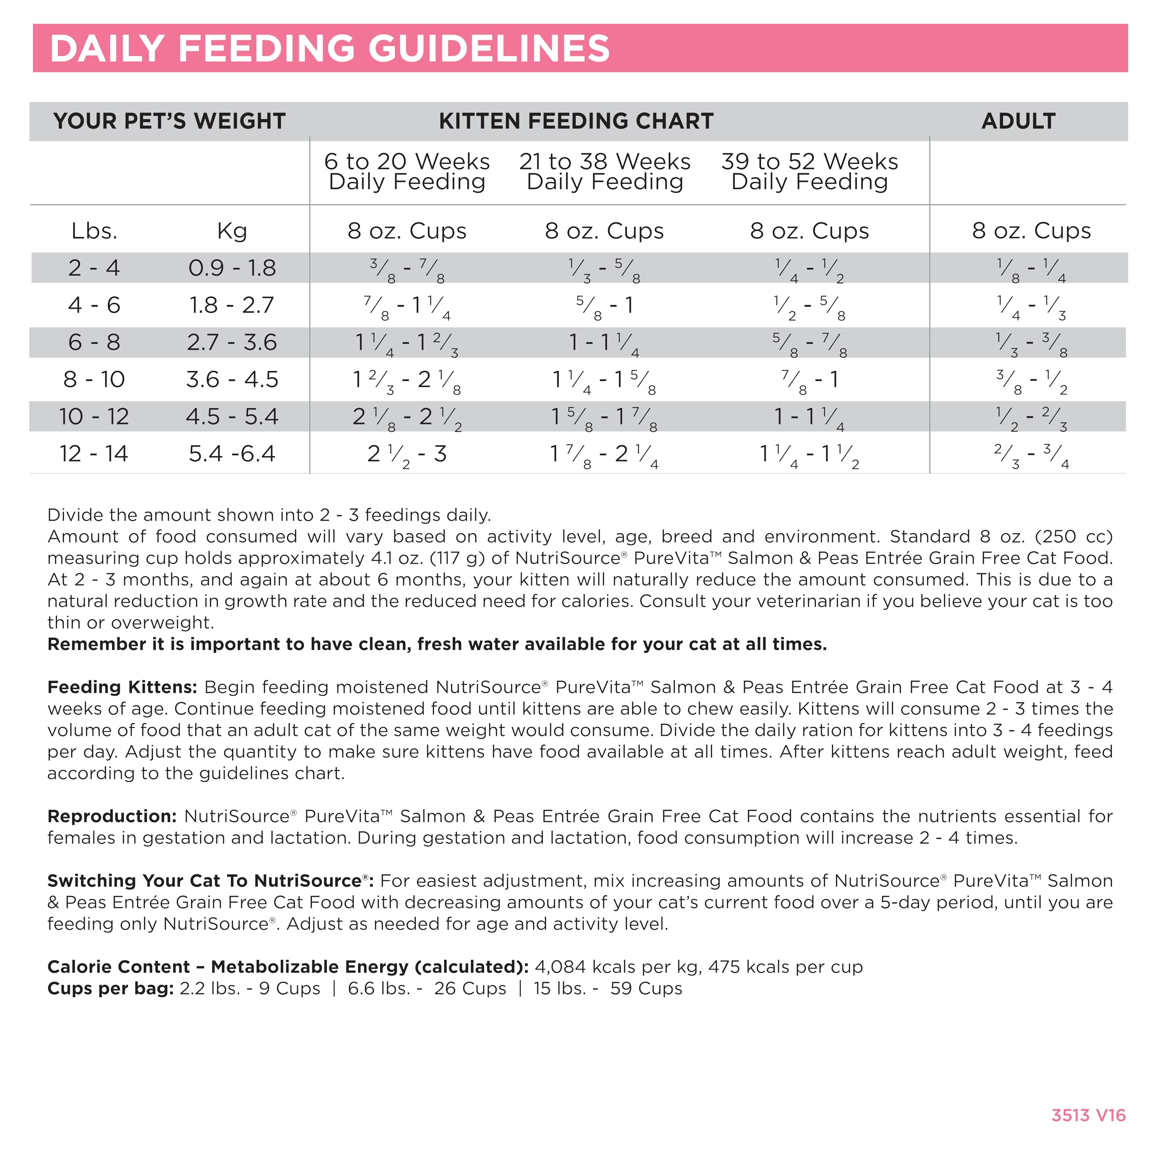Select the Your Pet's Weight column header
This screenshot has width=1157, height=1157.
(x=169, y=121)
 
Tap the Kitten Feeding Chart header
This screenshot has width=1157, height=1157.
(x=576, y=121)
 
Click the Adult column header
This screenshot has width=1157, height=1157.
(x=1018, y=121)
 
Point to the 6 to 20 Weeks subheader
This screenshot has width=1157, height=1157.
(x=407, y=171)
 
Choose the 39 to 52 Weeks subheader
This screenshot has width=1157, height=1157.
(x=809, y=171)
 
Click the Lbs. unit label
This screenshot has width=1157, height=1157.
(x=94, y=230)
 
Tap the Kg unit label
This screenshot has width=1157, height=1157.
(x=232, y=230)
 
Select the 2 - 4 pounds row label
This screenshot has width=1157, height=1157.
(x=94, y=268)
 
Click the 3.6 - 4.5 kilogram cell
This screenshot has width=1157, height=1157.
(x=232, y=379)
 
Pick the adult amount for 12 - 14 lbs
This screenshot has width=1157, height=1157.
(x=1030, y=455)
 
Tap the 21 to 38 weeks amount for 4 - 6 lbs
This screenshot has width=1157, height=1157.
(x=604, y=306)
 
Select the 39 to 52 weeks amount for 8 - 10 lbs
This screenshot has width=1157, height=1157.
(x=809, y=380)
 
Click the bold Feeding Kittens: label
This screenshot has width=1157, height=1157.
(x=122, y=687)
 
